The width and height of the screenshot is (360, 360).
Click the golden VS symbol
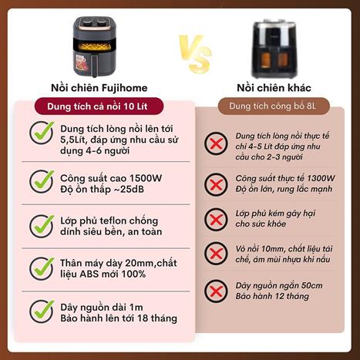coord(195,54)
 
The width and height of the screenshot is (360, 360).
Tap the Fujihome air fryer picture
coord(95,46)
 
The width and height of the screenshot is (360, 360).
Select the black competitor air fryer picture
coord(274,49)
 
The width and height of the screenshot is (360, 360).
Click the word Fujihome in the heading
coord(125,88)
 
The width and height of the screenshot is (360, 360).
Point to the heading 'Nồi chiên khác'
coord(274,88)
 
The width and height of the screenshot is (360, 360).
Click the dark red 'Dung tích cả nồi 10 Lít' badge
coord(99,106)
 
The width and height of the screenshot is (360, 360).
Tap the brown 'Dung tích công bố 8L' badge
coord(274,106)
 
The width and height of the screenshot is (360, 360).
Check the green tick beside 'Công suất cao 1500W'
coord(42,181)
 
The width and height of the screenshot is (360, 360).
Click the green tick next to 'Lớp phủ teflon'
coord(42,226)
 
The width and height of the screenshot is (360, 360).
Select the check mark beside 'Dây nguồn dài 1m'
coord(42,311)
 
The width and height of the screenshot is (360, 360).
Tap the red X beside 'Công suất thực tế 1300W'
coord(216,185)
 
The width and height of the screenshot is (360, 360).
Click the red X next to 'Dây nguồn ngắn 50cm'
coord(216,291)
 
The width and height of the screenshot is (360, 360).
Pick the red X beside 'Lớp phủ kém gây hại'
coord(216,220)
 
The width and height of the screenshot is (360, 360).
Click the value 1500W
coord(146,178)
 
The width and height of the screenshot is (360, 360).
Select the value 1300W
coord(321,178)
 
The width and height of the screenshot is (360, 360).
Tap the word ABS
coord(89,274)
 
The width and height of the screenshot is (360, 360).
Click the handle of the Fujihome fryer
coord(95,66)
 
